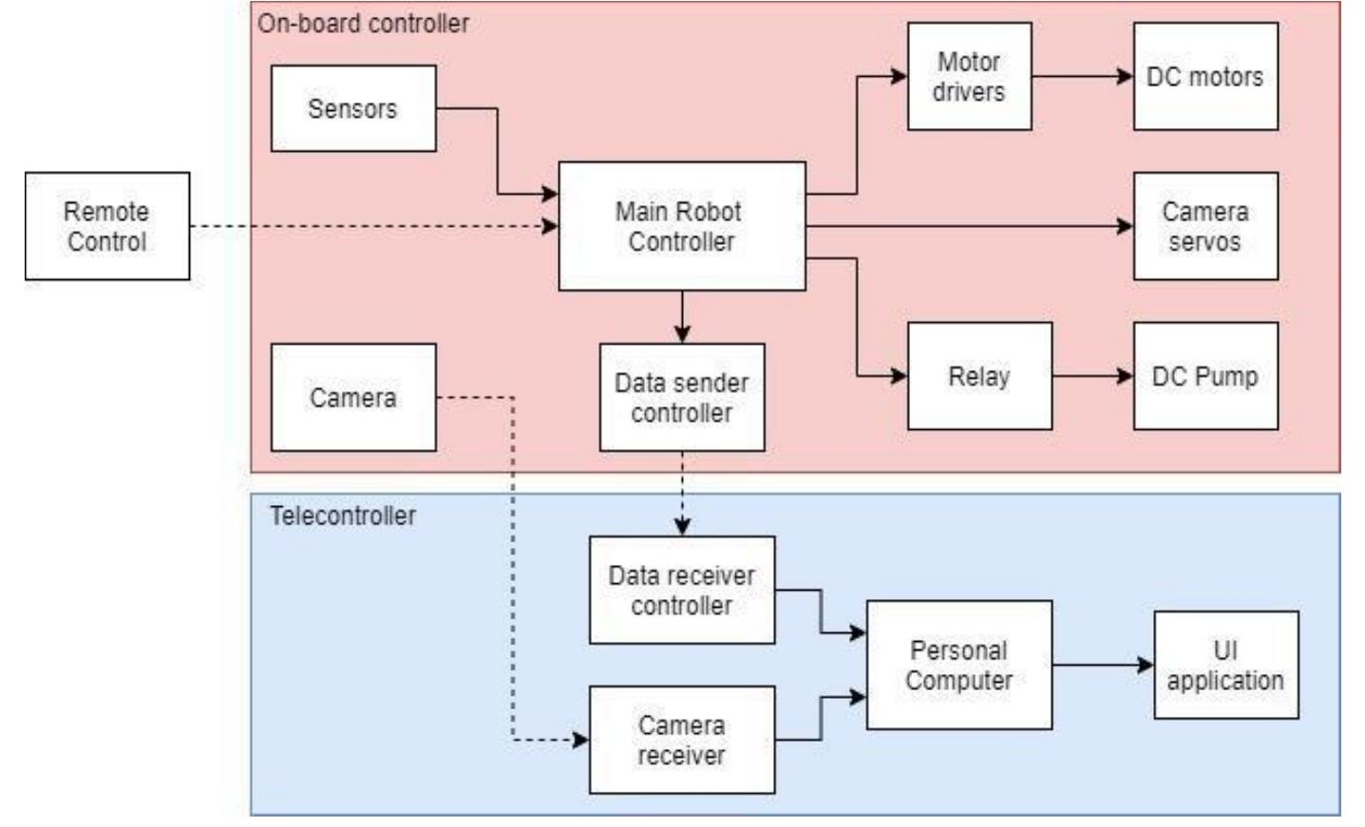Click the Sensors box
353,108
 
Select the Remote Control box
107,226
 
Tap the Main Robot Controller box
681,226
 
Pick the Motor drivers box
969,77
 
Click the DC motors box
1204,77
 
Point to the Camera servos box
1204,226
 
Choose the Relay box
979,376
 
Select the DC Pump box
1204,376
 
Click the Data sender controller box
681,397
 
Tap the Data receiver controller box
681,590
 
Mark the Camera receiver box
681,740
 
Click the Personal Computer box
958,665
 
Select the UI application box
1225,665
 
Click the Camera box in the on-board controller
353,397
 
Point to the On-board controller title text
364,23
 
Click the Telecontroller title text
343,516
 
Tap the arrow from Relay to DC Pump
1092,376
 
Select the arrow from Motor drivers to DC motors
1082,77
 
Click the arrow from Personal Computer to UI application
1102,665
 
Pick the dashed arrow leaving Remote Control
370,226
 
